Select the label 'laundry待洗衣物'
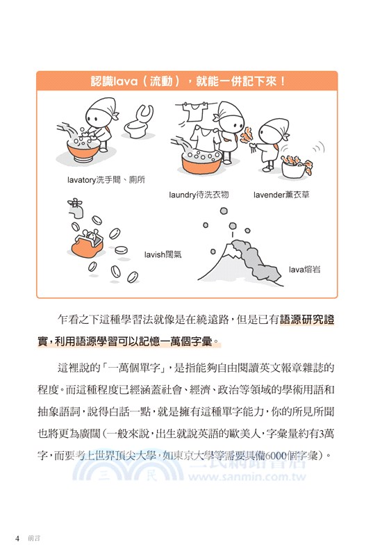coord(199,195)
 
